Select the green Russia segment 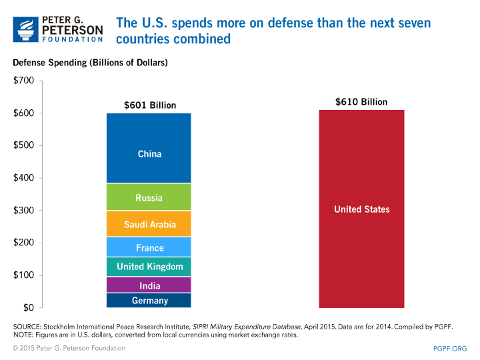[149, 197]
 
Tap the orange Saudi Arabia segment [149, 224]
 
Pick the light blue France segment [149, 247]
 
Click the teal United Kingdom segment [149, 267]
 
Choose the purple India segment [149, 286]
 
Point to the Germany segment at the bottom [149, 301]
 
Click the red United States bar [361, 209]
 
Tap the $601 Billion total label [150, 105]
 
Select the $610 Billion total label [361, 102]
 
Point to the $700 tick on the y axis [24, 81]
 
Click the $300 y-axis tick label [24, 211]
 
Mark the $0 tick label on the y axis [29, 308]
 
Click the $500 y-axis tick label [24, 146]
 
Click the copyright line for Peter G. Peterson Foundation [73, 348]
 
